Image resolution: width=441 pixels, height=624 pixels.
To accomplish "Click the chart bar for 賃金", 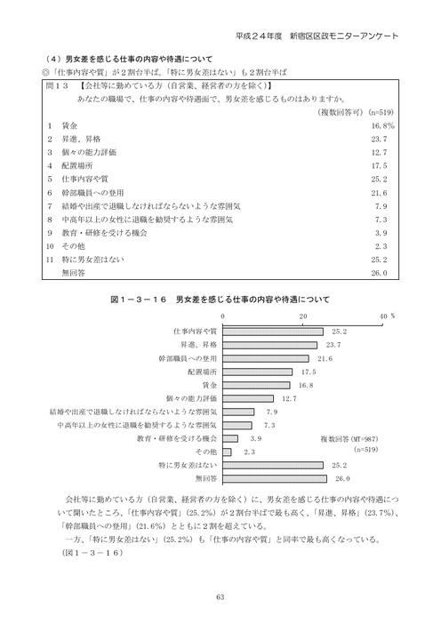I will coord(253,386).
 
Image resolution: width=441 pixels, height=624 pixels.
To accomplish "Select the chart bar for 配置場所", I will coord(255,372).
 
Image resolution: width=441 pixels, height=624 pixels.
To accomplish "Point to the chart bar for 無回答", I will coord(272,478).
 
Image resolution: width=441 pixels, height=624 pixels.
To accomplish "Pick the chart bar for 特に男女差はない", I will coord(271,465).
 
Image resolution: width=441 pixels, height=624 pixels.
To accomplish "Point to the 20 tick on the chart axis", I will coord(303,316).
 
